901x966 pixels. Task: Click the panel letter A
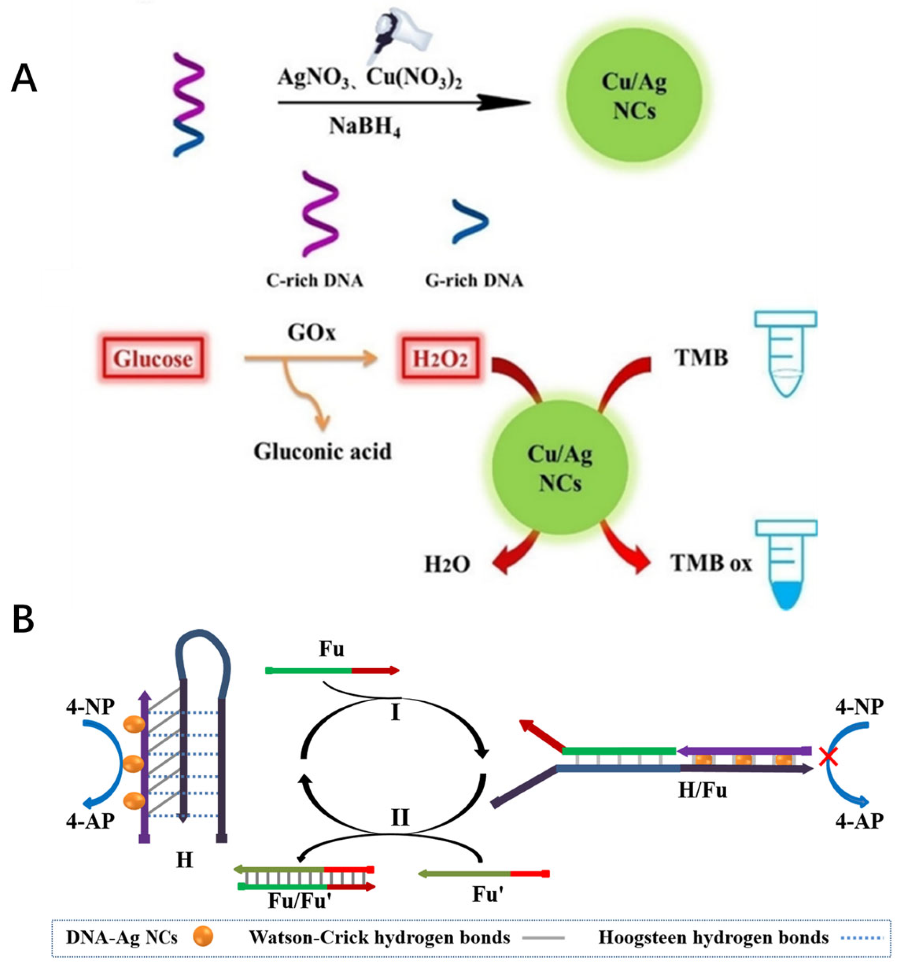[x=23, y=79]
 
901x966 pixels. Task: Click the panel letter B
[x=23, y=619]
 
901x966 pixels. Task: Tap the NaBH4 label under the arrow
[x=364, y=127]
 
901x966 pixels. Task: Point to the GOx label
[x=311, y=333]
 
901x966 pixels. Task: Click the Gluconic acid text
[x=322, y=451]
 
